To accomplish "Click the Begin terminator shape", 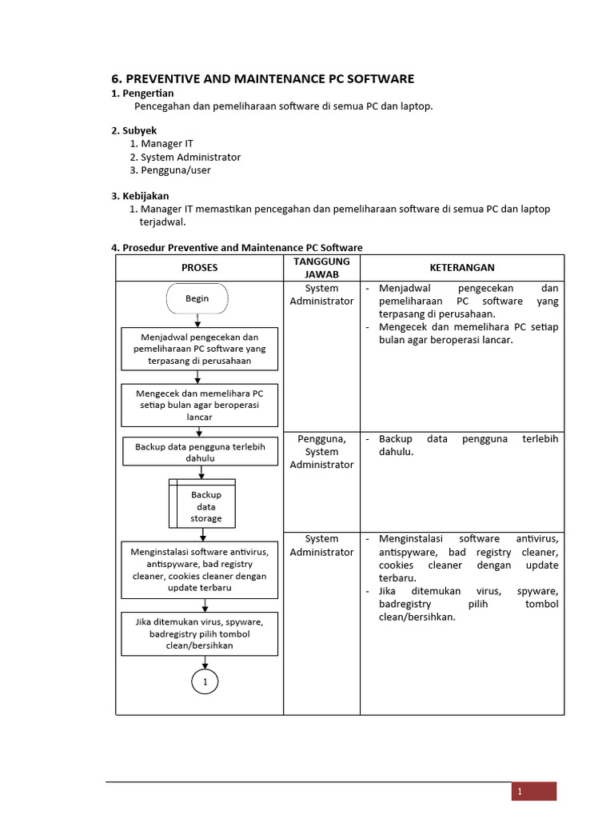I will coord(197,298).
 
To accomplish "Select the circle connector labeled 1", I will coord(205,681).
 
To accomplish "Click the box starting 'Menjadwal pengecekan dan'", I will coord(200,349).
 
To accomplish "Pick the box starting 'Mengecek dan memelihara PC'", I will coord(200,406).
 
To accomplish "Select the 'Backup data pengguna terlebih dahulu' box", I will coord(200,451).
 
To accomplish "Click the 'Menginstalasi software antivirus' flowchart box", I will coord(200,569).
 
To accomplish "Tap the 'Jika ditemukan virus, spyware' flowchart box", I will coord(200,633).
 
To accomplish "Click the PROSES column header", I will coord(199,268).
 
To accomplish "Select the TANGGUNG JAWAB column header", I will coord(321,268).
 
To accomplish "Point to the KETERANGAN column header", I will coord(462,268).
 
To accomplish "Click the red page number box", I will coord(534,791).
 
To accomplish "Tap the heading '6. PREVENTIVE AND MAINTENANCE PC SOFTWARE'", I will coord(262,78).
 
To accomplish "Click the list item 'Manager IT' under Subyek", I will coord(167,143).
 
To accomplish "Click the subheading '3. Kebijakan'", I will coord(140,196).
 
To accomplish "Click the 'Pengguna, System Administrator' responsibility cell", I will coord(321,451).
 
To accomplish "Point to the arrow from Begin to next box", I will coord(197,320).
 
